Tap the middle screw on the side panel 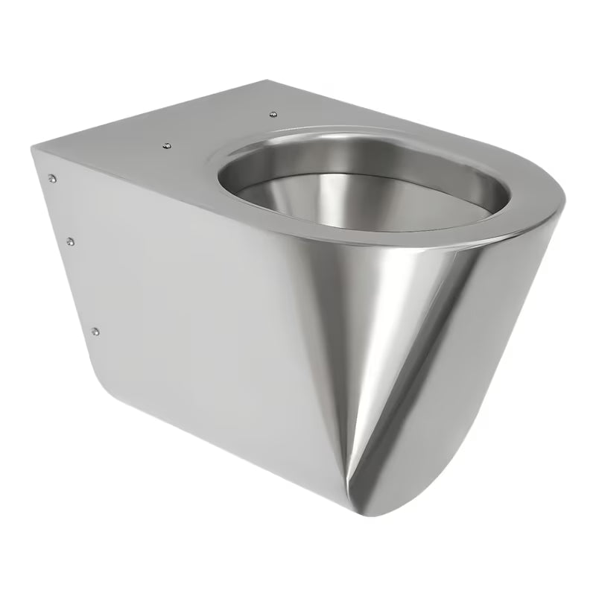point(69,240)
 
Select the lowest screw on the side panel point(94,329)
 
